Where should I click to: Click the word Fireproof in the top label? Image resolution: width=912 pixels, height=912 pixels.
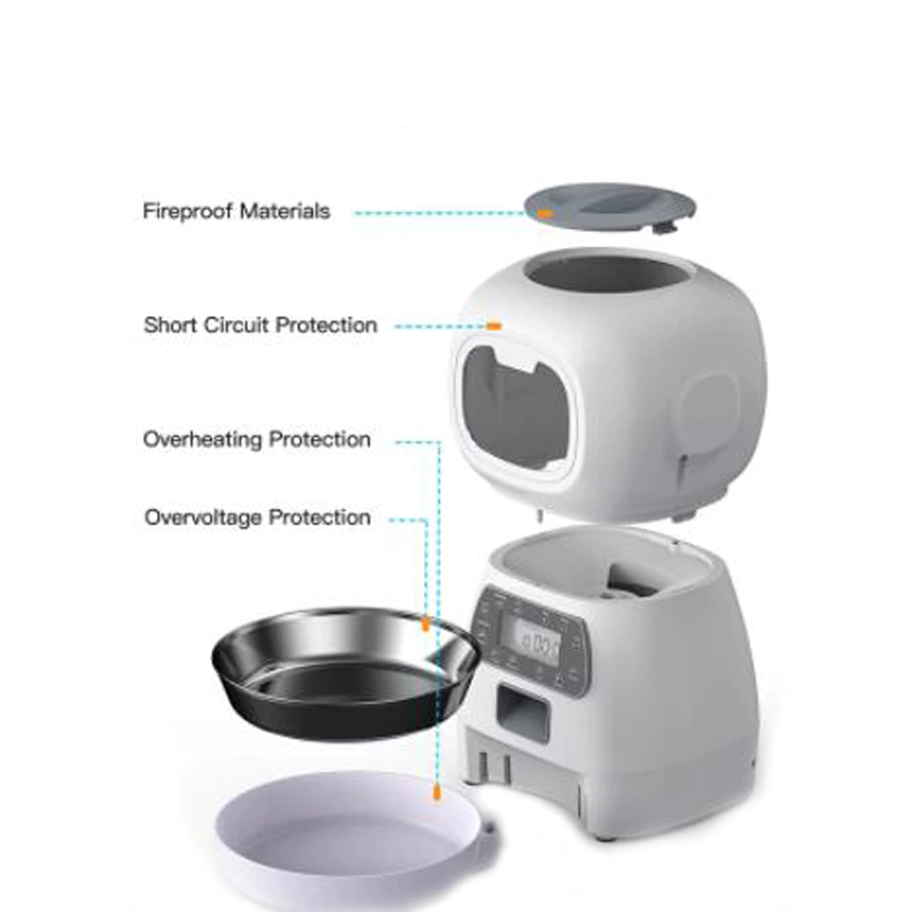click(x=187, y=212)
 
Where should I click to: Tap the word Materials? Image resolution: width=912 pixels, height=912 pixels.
click(x=284, y=212)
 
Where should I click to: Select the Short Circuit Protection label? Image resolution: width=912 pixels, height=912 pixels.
click(x=260, y=326)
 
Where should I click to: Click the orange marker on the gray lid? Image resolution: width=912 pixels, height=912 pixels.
click(x=544, y=212)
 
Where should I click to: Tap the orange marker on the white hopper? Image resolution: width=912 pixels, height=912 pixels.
click(x=493, y=325)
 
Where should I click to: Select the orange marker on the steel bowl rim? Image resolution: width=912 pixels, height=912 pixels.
click(x=425, y=624)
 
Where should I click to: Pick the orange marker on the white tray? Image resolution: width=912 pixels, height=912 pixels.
click(x=437, y=794)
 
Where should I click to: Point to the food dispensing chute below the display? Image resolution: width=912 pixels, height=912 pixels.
click(x=523, y=710)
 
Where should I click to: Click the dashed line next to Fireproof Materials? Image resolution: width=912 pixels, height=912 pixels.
click(x=438, y=212)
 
